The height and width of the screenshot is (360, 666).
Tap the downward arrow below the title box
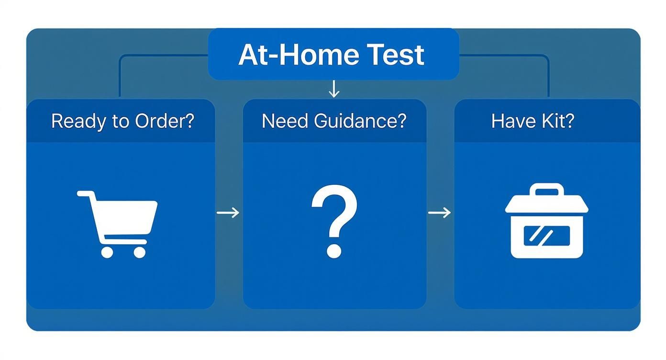334,89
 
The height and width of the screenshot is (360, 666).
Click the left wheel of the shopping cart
107,252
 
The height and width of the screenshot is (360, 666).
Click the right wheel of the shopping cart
139,252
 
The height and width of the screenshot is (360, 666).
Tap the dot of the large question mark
333,250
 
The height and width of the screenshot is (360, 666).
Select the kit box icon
547,221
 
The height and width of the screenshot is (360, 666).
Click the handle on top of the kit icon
547,191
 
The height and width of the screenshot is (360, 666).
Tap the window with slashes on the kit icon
546,236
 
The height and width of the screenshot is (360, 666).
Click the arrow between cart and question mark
228,213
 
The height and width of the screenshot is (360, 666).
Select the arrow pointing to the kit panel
439,213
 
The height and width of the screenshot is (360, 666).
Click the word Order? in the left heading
165,121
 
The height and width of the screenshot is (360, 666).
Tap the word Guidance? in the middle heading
360,121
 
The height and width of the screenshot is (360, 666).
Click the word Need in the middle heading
285,121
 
